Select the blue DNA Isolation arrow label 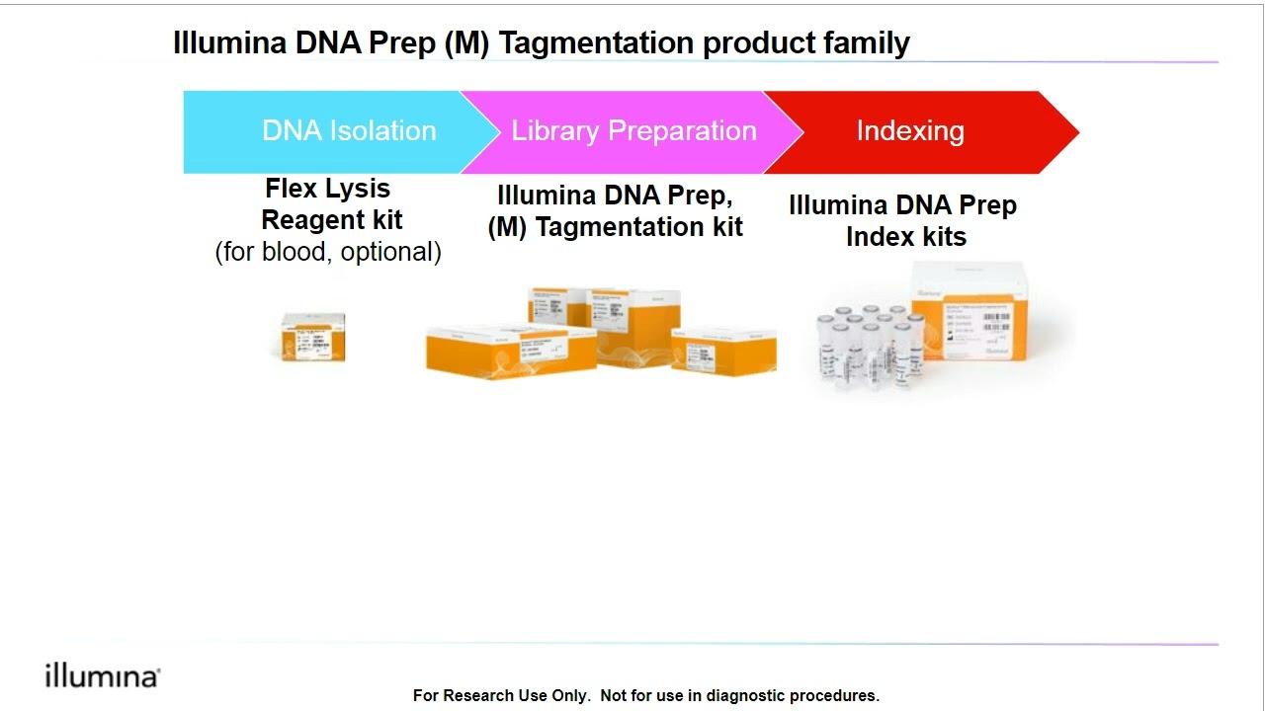tap(348, 131)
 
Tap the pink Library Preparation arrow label tap(633, 131)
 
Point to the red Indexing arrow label tap(910, 131)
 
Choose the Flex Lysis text tap(327, 189)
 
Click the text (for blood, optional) tap(328, 252)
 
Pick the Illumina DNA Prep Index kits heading tap(903, 221)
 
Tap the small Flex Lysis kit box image tap(313, 337)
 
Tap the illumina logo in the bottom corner tap(102, 676)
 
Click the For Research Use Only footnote tap(645, 695)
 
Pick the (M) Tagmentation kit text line tap(615, 227)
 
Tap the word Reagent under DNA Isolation tap(332, 220)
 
